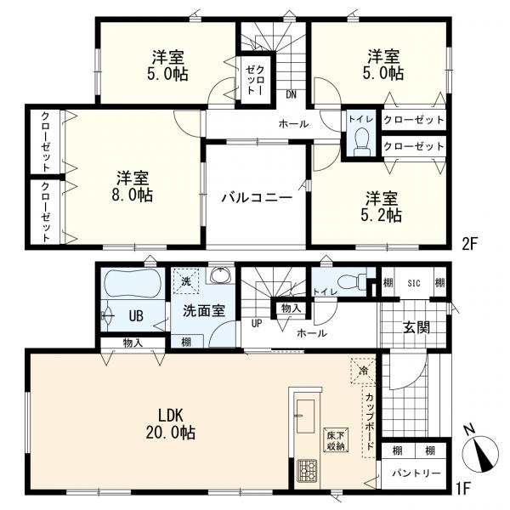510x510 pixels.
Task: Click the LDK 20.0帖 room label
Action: (x=176, y=424)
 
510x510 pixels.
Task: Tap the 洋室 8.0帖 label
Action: (x=134, y=187)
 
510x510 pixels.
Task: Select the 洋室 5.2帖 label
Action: (x=384, y=207)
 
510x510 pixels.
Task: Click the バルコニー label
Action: (x=257, y=197)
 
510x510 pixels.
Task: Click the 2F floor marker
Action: (x=471, y=242)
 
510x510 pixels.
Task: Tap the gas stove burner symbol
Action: (x=307, y=468)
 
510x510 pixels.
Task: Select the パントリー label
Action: (x=416, y=473)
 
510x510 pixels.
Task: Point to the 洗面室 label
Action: (x=204, y=311)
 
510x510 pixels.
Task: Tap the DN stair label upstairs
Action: (x=291, y=94)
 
